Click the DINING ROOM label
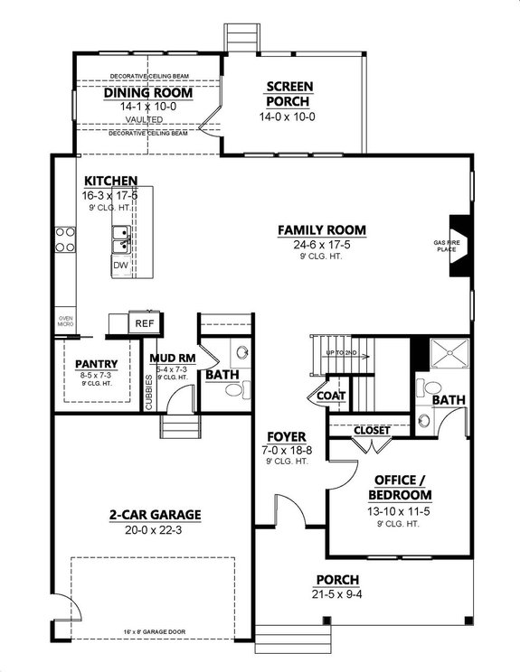(x=148, y=92)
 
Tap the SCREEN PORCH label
(x=288, y=93)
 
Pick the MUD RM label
(x=167, y=358)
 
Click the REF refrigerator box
(x=144, y=322)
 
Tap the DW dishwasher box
(x=120, y=266)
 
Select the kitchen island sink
(x=120, y=240)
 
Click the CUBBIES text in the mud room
(x=149, y=393)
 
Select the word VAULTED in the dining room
(x=145, y=119)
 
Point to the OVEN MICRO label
(x=66, y=322)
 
